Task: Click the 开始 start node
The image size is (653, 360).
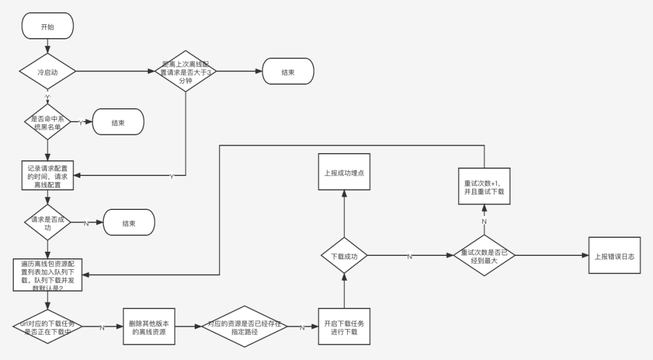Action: tap(47, 26)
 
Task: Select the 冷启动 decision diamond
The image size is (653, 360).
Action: tap(47, 72)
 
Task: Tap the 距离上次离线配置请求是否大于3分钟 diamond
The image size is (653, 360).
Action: tap(185, 71)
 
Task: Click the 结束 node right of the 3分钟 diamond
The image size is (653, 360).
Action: tap(288, 71)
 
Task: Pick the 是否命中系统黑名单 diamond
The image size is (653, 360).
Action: tap(47, 122)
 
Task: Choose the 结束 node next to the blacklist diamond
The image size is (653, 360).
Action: tap(118, 122)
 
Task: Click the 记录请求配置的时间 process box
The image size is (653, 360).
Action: tap(47, 175)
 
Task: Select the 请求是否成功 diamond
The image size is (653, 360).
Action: tap(47, 222)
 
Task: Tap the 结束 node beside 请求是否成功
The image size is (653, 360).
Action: tap(129, 223)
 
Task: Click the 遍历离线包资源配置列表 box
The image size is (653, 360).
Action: tap(47, 275)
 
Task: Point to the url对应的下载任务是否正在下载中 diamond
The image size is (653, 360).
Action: tap(47, 327)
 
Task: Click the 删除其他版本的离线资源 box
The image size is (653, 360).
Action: tap(149, 327)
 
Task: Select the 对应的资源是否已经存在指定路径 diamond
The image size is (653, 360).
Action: tap(244, 327)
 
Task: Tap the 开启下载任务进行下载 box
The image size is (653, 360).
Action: tap(344, 327)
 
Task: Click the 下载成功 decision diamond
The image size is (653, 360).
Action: tap(344, 256)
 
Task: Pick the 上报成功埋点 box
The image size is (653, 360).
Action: tap(344, 172)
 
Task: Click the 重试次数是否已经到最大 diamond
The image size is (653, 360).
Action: tap(484, 256)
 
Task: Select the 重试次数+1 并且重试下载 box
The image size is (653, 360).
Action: tap(484, 186)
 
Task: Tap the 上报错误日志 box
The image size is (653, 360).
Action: tap(614, 256)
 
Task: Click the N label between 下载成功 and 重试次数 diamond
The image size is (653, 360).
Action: tap(409, 257)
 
